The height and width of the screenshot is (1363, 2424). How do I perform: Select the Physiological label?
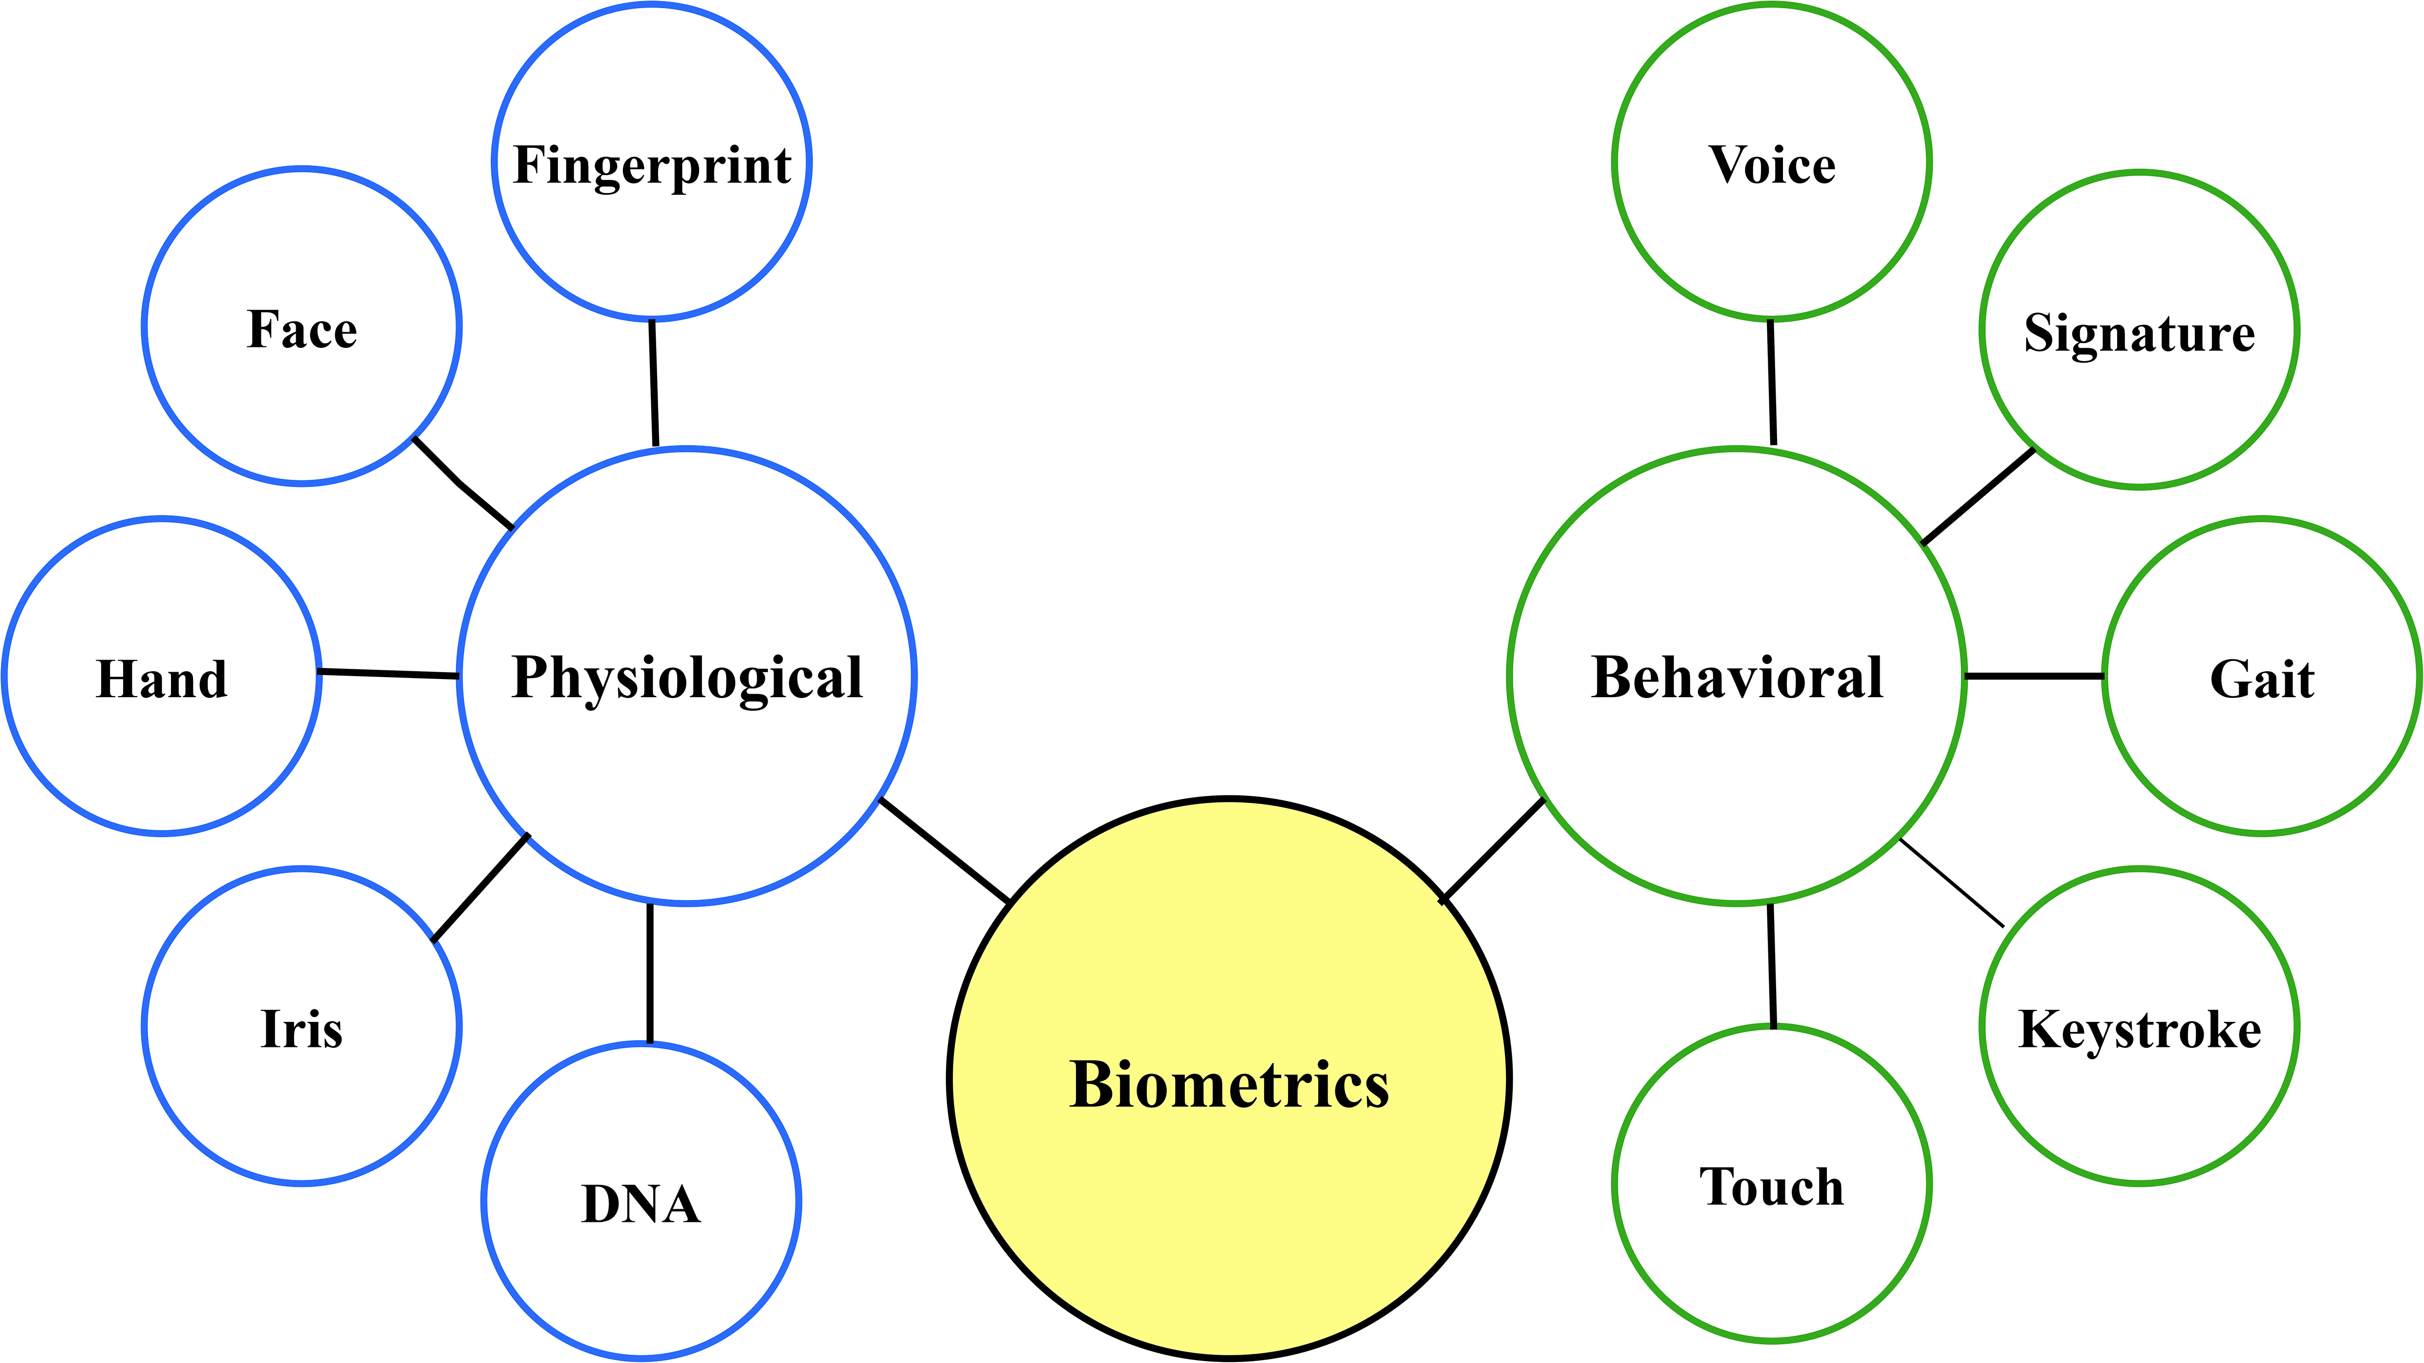pos(687,677)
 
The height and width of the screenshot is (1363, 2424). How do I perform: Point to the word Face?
pos(302,329)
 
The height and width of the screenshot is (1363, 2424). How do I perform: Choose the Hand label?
pos(162,679)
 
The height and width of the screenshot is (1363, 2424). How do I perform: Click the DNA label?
pos(641,1204)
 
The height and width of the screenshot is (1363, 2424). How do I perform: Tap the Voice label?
pos(1772,166)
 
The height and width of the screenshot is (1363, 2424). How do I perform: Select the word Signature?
pos(2139,333)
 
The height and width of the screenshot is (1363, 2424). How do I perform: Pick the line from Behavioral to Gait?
pos(2035,675)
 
